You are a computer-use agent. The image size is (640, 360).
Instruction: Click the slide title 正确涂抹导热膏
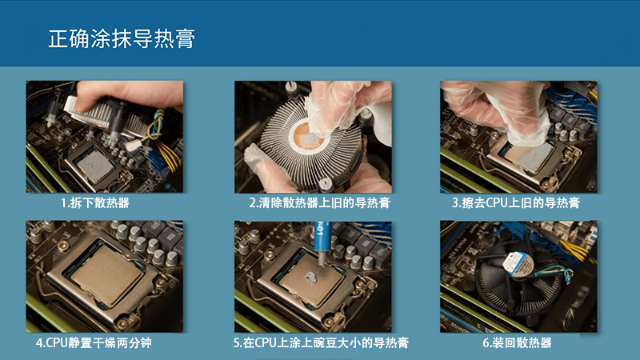122,38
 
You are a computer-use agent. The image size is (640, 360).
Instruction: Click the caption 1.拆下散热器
95,203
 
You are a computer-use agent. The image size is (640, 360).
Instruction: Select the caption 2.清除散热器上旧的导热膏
319,203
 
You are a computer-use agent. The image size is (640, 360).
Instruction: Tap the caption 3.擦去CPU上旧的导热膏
515,203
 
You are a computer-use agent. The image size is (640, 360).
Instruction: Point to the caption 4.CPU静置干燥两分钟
94,342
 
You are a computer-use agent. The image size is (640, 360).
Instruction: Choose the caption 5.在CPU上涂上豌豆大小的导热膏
321,342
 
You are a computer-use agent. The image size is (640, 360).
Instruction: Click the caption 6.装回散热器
517,342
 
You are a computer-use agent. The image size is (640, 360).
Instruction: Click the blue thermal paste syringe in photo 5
323,243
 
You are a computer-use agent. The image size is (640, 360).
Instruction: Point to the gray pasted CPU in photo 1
95,166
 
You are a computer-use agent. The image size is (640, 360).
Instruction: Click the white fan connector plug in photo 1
133,145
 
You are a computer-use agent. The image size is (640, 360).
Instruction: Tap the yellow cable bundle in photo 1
170,156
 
